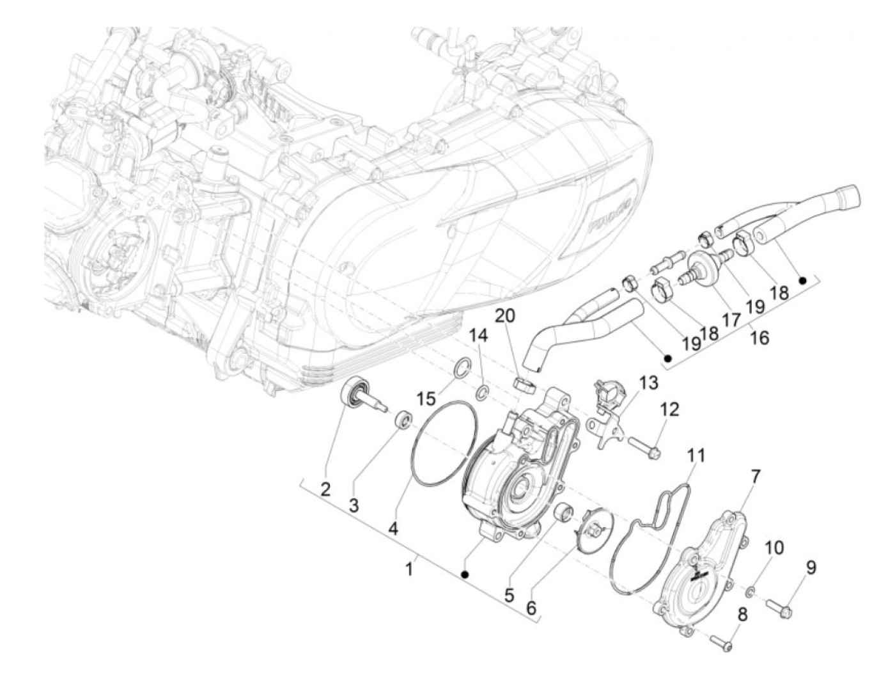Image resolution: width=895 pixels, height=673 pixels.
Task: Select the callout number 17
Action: (x=729, y=317)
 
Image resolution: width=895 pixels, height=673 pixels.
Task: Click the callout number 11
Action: (x=696, y=455)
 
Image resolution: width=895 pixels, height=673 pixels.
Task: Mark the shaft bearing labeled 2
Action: (x=353, y=391)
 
